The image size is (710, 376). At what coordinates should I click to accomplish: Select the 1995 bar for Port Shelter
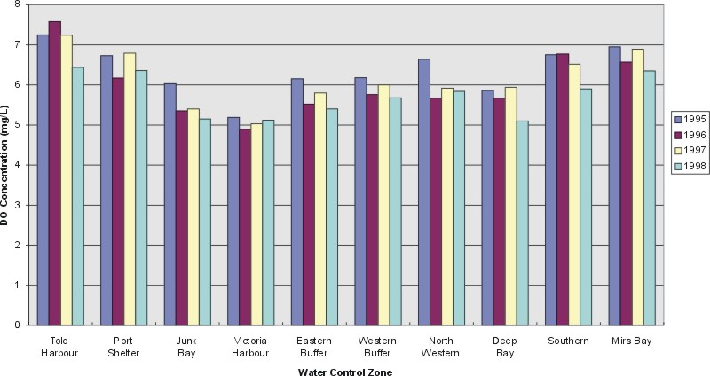tap(106, 190)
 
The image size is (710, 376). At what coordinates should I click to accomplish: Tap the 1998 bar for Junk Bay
tap(204, 222)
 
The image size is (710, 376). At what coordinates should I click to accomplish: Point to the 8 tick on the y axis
tap(19, 5)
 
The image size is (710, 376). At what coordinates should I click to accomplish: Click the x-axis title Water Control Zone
tap(344, 372)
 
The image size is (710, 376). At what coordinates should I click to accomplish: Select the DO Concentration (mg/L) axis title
tap(6, 165)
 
